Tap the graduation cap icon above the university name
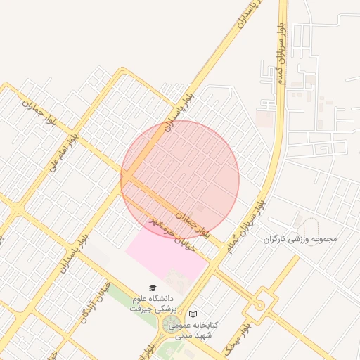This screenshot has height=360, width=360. pyautogui.click(x=153, y=288)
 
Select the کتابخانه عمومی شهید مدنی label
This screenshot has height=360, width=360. pyautogui.click(x=215, y=330)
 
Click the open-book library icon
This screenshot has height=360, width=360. pyautogui.click(x=193, y=315)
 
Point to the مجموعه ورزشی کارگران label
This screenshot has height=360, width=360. pyautogui.click(x=300, y=239)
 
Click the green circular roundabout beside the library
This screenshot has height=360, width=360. pyautogui.click(x=171, y=325)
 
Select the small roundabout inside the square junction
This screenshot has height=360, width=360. pyautogui.click(x=259, y=305)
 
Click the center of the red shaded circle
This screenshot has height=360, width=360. pyautogui.click(x=180, y=179)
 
